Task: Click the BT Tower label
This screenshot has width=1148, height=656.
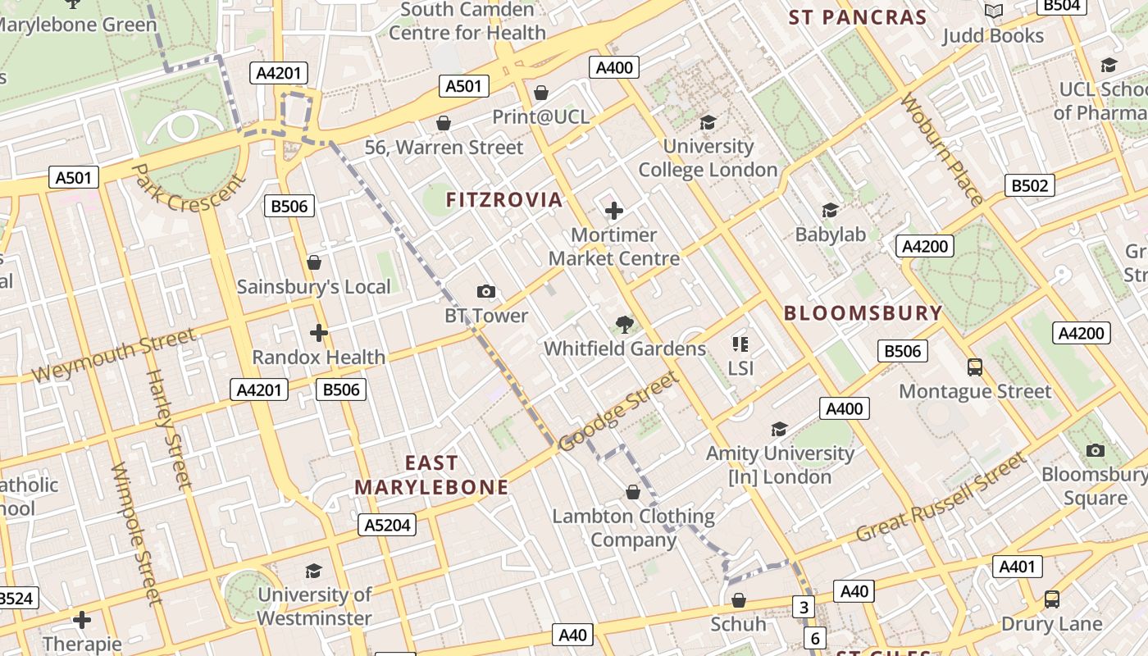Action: click(x=486, y=316)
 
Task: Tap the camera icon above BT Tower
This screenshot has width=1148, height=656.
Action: click(x=486, y=291)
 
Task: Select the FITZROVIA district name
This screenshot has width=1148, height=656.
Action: click(x=504, y=199)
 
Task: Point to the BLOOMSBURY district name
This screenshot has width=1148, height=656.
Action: click(x=863, y=313)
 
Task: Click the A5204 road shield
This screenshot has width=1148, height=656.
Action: click(x=387, y=525)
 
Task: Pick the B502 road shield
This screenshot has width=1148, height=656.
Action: click(x=1029, y=185)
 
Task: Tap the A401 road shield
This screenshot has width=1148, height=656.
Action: click(x=1018, y=566)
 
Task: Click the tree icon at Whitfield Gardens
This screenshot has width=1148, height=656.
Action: click(x=625, y=325)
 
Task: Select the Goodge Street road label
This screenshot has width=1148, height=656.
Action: click(x=618, y=411)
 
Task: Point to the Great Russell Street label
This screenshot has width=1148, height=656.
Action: click(x=941, y=498)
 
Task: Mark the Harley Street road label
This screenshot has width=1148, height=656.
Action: click(x=167, y=430)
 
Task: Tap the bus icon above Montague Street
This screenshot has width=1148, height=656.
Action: click(x=975, y=367)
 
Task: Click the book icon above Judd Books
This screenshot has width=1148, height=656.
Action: click(x=994, y=11)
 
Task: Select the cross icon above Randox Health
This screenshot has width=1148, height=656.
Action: click(x=319, y=333)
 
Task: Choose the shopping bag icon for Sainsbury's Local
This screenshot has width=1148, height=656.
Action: click(x=313, y=262)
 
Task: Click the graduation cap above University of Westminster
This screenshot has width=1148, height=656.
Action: click(x=313, y=571)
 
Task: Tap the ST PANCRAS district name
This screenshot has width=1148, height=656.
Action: click(x=857, y=17)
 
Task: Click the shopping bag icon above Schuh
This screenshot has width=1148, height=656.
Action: click(x=739, y=600)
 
